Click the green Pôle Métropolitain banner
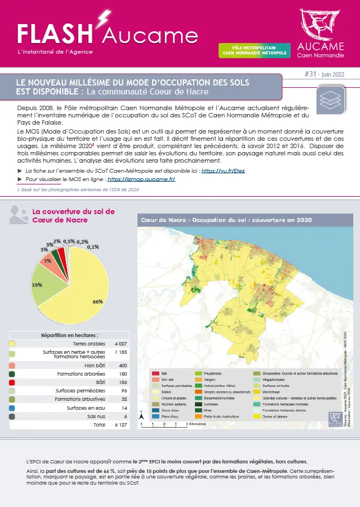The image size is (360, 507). point(254,51)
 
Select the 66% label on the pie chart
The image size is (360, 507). point(98,301)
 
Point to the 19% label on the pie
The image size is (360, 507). point(37,285)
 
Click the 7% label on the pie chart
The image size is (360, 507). point(48,260)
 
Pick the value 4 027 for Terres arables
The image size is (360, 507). point(121,343)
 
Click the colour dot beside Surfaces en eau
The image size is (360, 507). point(13,408)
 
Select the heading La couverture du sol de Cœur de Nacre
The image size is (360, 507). point(74,215)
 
